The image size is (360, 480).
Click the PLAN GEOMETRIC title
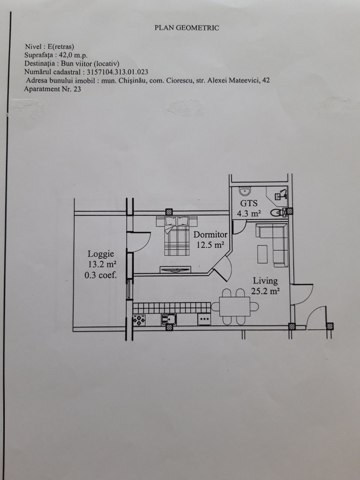[187, 28]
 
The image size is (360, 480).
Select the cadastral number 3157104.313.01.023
[117, 72]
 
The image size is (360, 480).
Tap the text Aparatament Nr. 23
[52, 89]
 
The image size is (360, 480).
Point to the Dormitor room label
[210, 235]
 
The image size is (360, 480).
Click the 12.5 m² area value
[210, 245]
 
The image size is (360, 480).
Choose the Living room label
[265, 281]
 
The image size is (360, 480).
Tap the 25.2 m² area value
[265, 291]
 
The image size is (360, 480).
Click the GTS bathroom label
[249, 204]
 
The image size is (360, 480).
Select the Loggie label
[101, 254]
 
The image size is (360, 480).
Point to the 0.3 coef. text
[100, 275]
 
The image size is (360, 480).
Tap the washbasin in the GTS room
[245, 191]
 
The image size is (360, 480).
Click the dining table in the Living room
[234, 306]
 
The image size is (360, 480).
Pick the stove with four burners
[139, 320]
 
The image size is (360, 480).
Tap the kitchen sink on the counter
[169, 319]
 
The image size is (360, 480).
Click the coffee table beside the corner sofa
[262, 254]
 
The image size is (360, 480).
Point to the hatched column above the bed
[169, 212]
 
